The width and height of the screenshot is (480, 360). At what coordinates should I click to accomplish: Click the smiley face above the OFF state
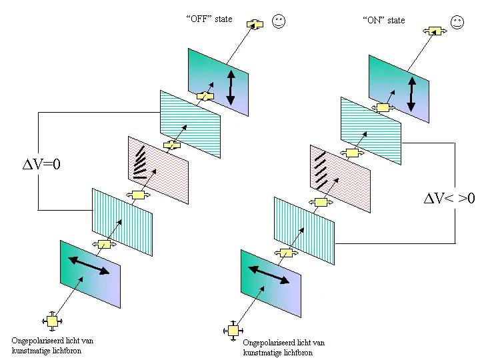point(279,21)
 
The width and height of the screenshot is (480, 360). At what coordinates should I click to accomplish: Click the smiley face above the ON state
point(457,22)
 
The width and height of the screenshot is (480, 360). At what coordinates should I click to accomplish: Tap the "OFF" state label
point(209,19)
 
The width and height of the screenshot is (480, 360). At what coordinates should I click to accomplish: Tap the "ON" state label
point(384,20)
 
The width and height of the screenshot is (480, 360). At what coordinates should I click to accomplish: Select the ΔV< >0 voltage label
point(449,198)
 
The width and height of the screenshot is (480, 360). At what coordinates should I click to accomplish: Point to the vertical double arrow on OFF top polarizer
point(231,87)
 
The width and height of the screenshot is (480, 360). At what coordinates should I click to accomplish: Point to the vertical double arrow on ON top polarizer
point(411,94)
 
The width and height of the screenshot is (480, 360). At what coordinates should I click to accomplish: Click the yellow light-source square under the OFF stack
point(51,321)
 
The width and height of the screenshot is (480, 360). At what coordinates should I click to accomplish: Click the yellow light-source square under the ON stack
point(233,329)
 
